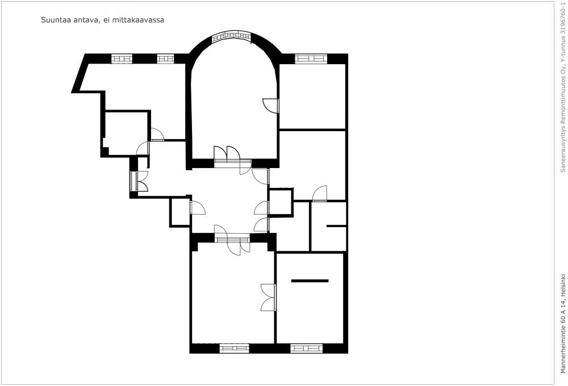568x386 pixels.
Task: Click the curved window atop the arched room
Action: click(x=232, y=36)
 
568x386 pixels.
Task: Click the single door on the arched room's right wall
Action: click(x=271, y=105)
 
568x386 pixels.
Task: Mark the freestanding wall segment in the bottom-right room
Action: click(x=310, y=280)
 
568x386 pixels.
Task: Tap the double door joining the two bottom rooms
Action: click(x=269, y=297)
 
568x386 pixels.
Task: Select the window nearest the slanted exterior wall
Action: click(x=122, y=58)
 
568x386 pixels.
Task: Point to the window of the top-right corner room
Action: click(x=311, y=58)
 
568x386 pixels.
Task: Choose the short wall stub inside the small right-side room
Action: click(x=336, y=226)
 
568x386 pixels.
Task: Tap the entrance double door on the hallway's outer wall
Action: click(x=139, y=181)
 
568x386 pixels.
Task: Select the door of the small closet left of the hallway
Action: click(x=198, y=208)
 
